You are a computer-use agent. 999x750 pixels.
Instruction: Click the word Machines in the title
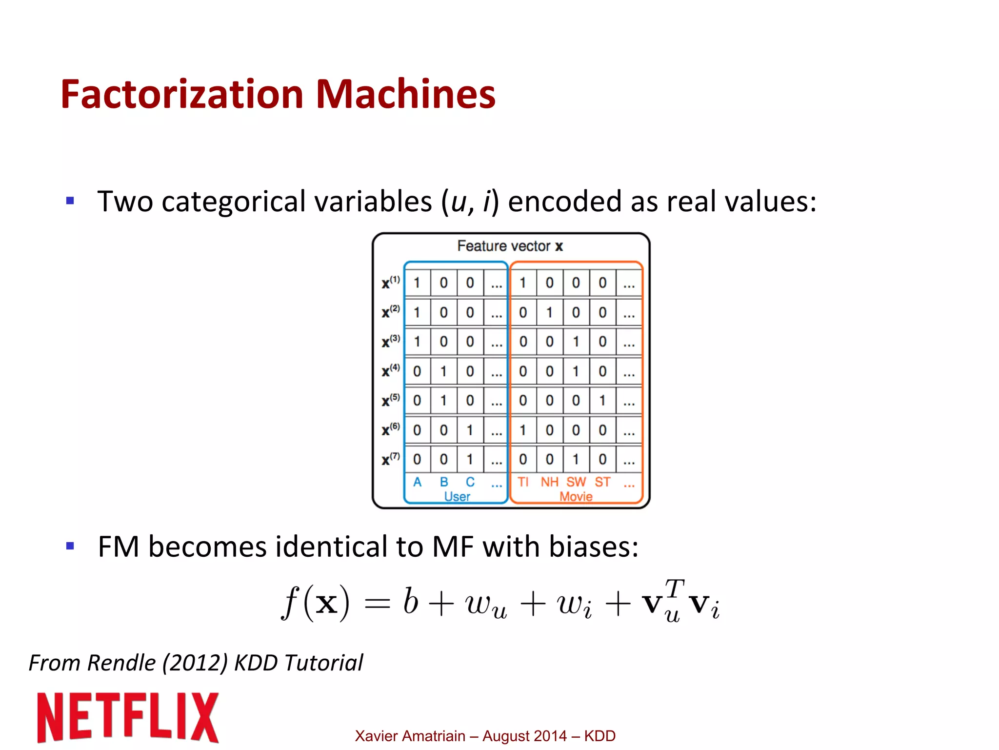click(x=405, y=94)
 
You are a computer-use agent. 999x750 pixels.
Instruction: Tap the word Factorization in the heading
click(x=182, y=94)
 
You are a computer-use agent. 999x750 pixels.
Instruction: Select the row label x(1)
click(x=390, y=283)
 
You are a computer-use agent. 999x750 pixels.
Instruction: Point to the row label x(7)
click(x=390, y=459)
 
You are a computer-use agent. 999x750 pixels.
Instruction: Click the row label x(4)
click(x=390, y=371)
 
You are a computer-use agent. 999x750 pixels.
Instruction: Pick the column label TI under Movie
click(x=523, y=482)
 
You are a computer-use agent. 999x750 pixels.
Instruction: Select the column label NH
click(x=549, y=482)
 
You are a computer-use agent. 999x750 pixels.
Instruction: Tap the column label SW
click(x=576, y=482)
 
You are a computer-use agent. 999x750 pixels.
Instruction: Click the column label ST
click(x=602, y=482)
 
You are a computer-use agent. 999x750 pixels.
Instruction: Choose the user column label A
click(x=417, y=482)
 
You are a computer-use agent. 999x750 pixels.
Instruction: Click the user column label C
click(x=470, y=482)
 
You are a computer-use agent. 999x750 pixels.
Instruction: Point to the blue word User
click(x=457, y=497)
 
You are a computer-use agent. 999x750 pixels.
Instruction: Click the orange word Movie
click(x=576, y=497)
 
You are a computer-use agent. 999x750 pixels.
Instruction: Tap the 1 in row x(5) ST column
click(x=602, y=401)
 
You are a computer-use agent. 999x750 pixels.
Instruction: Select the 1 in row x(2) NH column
click(x=549, y=312)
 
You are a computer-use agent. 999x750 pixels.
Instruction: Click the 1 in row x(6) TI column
click(x=523, y=430)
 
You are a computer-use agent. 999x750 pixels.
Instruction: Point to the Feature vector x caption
click(x=510, y=246)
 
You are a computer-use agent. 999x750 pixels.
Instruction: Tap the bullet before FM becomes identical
click(x=70, y=546)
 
